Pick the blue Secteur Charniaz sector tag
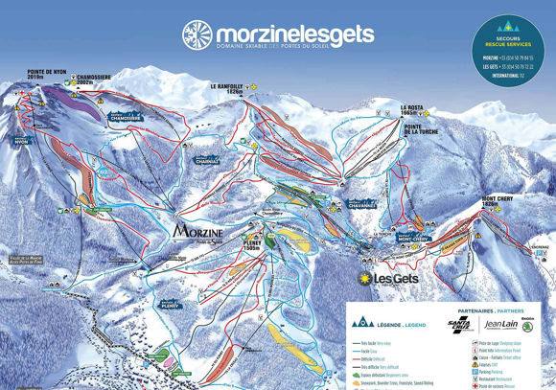pos(206,160)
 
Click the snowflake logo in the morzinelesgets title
pos(197,34)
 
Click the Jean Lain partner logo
pos(500,325)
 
